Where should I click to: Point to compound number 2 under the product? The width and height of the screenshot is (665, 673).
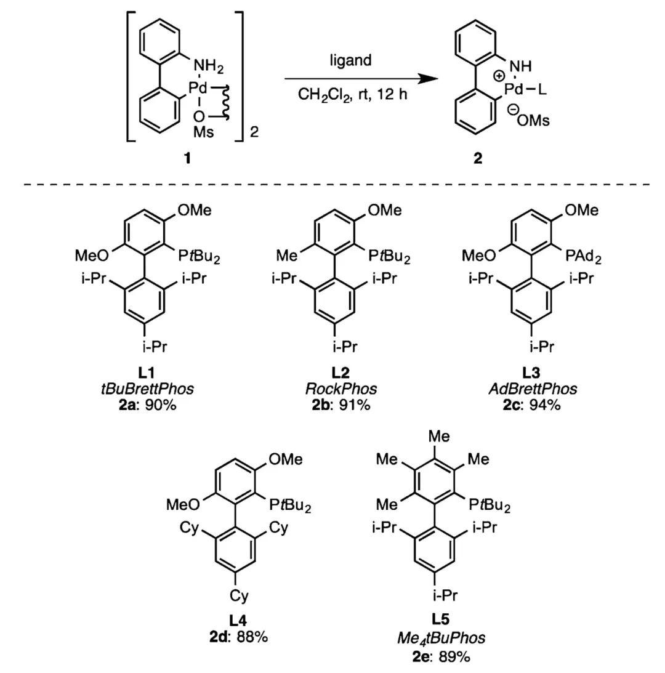478,158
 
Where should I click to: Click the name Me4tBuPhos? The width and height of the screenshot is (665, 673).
441,638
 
